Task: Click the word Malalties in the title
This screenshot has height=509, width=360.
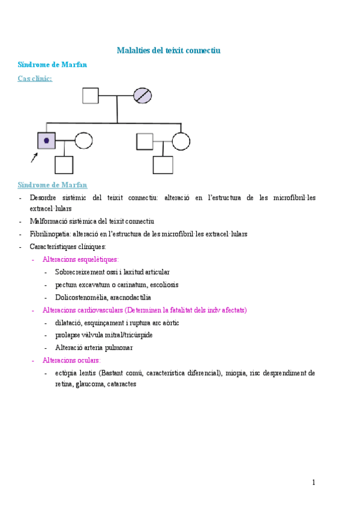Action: [134, 50]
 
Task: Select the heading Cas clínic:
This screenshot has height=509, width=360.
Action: [35, 78]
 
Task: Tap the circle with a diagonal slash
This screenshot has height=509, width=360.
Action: [142, 95]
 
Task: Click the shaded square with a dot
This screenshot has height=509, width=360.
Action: [46, 140]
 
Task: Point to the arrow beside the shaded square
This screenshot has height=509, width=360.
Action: [34, 157]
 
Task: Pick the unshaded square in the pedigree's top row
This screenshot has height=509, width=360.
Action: [90, 95]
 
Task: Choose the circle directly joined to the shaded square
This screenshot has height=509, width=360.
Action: [83, 140]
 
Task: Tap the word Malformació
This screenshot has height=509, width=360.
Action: [49, 221]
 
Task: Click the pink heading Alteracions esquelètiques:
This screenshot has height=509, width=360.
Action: [80, 259]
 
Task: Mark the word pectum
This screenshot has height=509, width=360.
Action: [66, 285]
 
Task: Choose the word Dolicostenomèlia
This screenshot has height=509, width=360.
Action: [81, 297]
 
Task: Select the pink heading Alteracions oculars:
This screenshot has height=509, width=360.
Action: [71, 360]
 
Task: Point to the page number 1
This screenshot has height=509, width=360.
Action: [313, 482]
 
